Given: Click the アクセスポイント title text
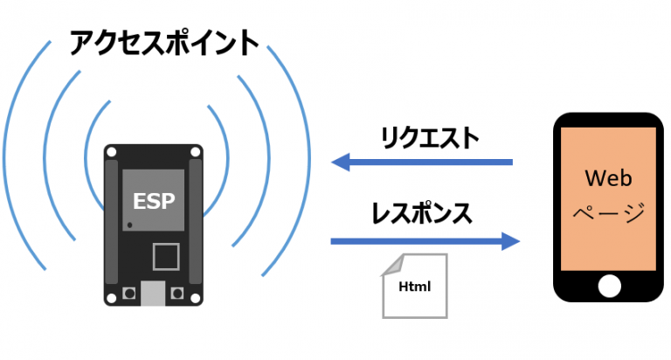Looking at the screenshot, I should (x=164, y=43).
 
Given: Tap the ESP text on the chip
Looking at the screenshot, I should (x=154, y=199).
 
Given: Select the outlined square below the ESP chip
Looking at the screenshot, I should (x=165, y=257).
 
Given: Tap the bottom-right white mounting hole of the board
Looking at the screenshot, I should (x=196, y=294).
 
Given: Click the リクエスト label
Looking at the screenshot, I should (x=429, y=137).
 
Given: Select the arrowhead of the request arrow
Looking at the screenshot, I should (x=342, y=162).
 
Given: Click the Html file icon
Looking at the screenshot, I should (x=414, y=285).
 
